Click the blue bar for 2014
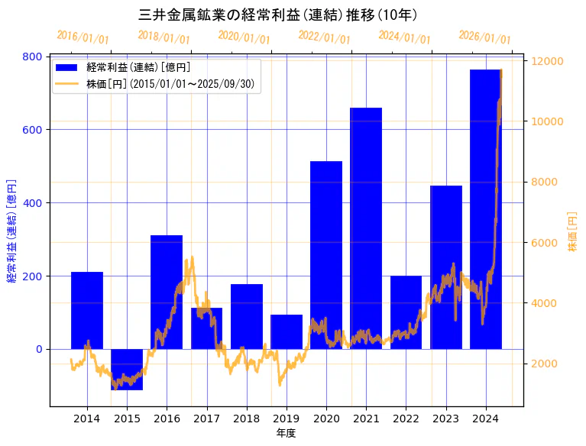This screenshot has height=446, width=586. (x=87, y=310)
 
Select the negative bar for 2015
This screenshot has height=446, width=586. (x=127, y=369)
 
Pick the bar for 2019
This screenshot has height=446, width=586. (x=287, y=331)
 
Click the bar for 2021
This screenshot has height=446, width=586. (x=366, y=228)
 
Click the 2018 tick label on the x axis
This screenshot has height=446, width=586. (x=246, y=419)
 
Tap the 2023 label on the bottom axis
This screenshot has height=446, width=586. (x=445, y=419)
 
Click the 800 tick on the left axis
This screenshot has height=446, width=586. (x=32, y=57)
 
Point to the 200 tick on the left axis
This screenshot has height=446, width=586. (x=32, y=276)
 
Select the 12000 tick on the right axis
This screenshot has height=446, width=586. (x=547, y=61)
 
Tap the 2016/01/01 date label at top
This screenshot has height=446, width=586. (x=83, y=37)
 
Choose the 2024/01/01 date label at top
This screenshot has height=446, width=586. (x=404, y=37)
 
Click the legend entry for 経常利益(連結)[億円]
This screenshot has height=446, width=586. (x=138, y=68)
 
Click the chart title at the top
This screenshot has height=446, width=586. (x=278, y=15)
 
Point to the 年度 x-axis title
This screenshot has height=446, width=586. (x=286, y=433)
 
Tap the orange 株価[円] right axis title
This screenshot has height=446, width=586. (x=573, y=232)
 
